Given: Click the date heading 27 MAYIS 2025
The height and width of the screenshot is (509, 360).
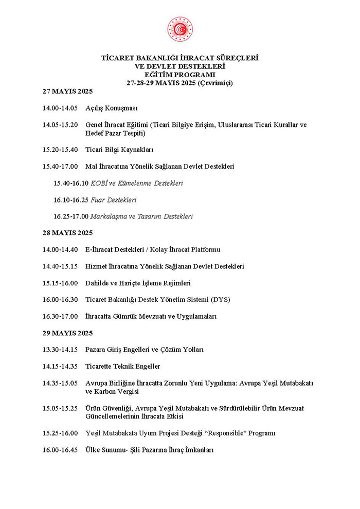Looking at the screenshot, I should [x=67, y=92].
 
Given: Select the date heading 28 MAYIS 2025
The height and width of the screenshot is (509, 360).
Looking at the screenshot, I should [x=67, y=233].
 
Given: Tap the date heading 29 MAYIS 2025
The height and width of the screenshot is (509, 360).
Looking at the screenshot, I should [x=67, y=333].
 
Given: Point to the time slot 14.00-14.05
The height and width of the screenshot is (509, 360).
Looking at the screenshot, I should [x=60, y=108].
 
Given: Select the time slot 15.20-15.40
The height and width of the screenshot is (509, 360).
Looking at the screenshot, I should [x=60, y=150].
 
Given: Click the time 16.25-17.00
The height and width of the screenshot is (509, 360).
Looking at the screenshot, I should [x=71, y=216].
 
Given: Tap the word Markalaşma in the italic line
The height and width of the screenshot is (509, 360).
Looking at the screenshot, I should [x=108, y=216].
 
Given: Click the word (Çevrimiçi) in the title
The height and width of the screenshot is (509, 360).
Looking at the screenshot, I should [x=215, y=83].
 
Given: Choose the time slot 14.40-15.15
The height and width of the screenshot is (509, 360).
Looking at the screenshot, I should [x=60, y=266].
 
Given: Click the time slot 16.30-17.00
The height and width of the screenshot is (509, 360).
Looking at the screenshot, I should [x=60, y=316].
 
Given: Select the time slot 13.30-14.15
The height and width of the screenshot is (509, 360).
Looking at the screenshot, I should [x=60, y=350].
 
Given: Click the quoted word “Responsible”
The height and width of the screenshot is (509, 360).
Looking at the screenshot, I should [x=236, y=433].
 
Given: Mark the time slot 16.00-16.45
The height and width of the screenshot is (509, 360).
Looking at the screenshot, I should [x=60, y=450].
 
